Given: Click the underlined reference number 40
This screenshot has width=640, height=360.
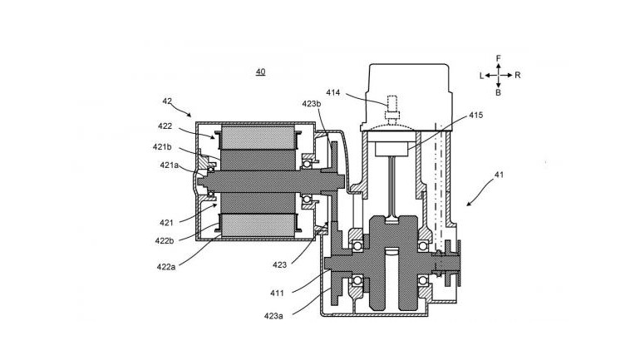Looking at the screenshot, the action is [x=260, y=72].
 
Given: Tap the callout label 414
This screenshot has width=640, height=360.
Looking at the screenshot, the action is [x=332, y=92].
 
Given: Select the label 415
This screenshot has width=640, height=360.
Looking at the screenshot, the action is [x=475, y=115].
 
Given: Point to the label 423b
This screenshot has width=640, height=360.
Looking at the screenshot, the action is [x=312, y=104].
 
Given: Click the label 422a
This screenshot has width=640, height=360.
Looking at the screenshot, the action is [x=166, y=267].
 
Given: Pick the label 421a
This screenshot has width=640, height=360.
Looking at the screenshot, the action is [x=169, y=165].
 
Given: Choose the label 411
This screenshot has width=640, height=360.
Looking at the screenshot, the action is [x=277, y=293].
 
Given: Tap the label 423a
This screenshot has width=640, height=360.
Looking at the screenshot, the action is [x=273, y=315].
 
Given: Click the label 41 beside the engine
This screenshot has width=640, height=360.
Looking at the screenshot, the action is [x=499, y=175].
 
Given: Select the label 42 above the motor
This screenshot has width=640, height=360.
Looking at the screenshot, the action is [x=167, y=101].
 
